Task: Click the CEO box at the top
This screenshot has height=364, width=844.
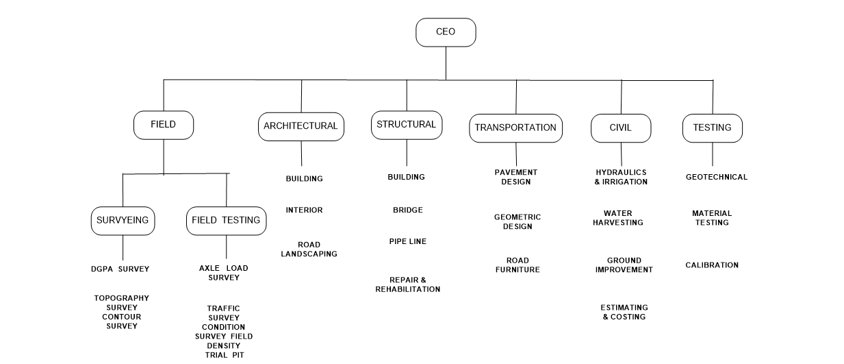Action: tap(446, 32)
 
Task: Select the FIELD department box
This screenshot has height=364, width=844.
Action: tap(163, 125)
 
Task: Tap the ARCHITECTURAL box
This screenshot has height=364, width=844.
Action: tap(300, 126)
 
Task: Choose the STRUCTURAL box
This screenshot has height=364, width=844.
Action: tap(406, 125)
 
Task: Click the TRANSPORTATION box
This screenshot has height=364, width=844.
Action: tap(515, 128)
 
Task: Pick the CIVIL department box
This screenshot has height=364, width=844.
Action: tap(620, 128)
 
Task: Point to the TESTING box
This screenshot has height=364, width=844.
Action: tap(712, 128)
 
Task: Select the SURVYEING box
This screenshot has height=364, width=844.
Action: tap(123, 221)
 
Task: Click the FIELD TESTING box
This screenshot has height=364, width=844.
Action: tap(226, 221)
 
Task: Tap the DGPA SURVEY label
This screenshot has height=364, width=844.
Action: tap(120, 269)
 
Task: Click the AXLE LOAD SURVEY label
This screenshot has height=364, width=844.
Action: tap(224, 273)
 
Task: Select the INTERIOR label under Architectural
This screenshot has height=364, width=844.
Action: tap(304, 210)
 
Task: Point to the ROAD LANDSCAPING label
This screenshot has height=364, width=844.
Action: tap(309, 249)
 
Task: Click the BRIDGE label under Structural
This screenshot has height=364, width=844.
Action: tap(407, 210)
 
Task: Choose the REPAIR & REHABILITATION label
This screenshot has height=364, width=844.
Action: tap(407, 284)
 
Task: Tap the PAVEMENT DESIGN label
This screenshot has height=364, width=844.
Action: tap(515, 177)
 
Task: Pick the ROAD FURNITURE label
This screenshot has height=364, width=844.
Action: tap(517, 265)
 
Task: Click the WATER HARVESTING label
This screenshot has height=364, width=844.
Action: tap(617, 218)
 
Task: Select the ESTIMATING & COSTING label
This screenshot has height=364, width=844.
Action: tap(624, 312)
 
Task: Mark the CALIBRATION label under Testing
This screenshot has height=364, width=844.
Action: tap(712, 265)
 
